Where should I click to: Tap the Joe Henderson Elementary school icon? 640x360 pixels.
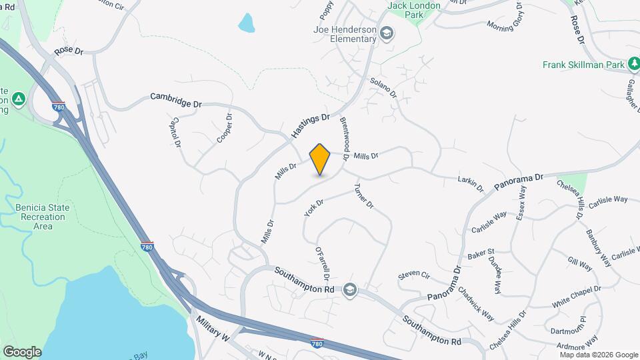click(386, 33)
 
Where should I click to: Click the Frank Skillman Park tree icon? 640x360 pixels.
click(635, 65)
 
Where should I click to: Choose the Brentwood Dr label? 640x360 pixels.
click(345, 139)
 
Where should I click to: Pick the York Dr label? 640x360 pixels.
click(313, 208)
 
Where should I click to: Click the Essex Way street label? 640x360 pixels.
click(519, 205)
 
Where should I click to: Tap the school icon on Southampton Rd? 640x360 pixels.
click(350, 290)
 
